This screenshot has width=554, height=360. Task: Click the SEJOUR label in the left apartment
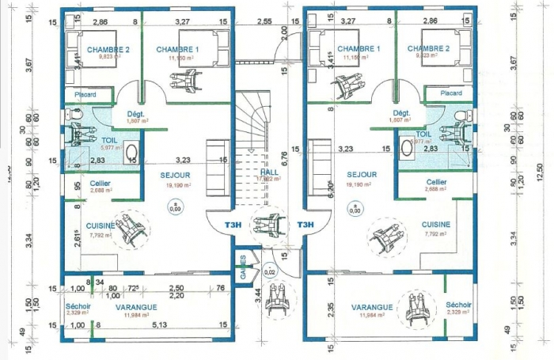coord(176,175)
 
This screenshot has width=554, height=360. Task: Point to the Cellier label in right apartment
coord(436,182)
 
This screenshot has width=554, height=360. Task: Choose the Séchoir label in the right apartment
coord(458,305)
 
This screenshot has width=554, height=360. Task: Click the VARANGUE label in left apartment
coord(135,306)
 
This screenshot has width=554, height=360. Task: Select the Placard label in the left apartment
coord(85,95)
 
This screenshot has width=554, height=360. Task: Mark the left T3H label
coord(233,225)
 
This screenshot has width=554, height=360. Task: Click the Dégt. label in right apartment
coord(401,113)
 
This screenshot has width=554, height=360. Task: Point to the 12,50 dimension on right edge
coord(541,172)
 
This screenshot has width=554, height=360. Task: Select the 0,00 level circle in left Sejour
coord(175,207)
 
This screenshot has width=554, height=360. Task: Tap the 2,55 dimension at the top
coord(264,21)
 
